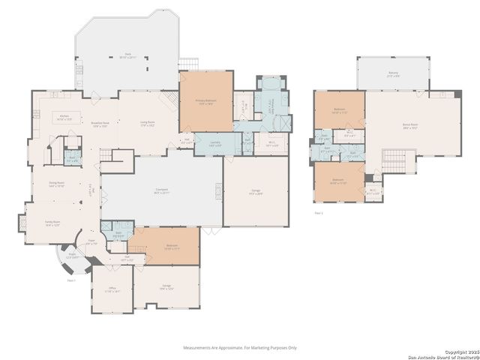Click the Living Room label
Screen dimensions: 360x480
click(147, 123)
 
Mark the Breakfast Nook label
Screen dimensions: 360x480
click(100, 124)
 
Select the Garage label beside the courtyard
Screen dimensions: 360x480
click(256, 191)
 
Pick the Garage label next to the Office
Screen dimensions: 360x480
click(166, 286)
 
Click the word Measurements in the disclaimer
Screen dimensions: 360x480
click(199, 347)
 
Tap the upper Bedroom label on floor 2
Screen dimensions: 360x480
click(339, 110)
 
